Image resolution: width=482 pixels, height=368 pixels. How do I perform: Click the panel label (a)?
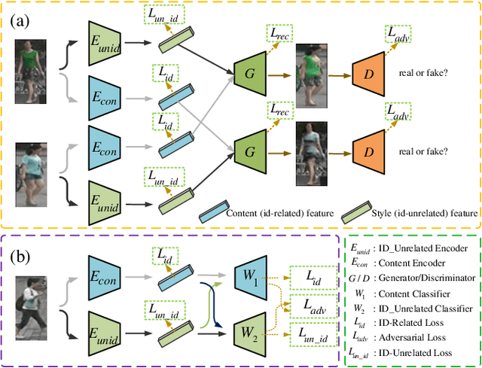[21, 20]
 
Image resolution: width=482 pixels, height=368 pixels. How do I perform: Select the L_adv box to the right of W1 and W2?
[313, 306]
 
